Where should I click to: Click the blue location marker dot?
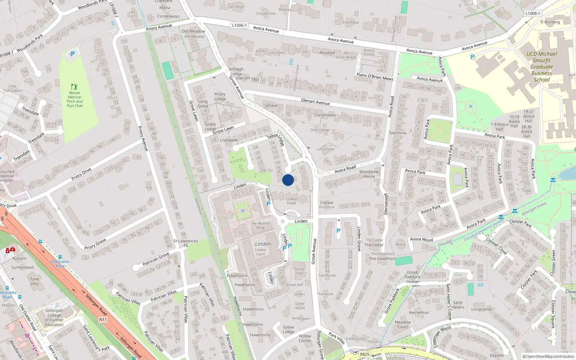coord(288,180)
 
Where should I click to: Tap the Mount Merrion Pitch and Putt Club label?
coord(75,99)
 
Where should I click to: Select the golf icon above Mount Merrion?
coord(74,87)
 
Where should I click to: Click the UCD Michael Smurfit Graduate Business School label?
coord(541,67)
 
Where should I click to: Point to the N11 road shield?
coord(103,319)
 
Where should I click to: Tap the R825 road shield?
coord(365,354)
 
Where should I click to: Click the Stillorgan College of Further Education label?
coord(54,318)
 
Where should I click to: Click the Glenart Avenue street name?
coord(315,102)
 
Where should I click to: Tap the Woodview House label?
coord(369,174)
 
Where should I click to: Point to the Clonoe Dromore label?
coord(327,205)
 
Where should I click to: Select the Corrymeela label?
coord(325,115)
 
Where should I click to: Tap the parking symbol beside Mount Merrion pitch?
coord(73,54)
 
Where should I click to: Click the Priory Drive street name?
coord(81,174)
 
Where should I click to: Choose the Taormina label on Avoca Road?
coord(397,133)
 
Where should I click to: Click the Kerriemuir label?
coord(419,312)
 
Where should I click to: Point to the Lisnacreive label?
coord(481,309)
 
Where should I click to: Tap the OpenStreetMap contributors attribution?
coord(548,356)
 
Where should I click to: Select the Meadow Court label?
coord(403,324)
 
